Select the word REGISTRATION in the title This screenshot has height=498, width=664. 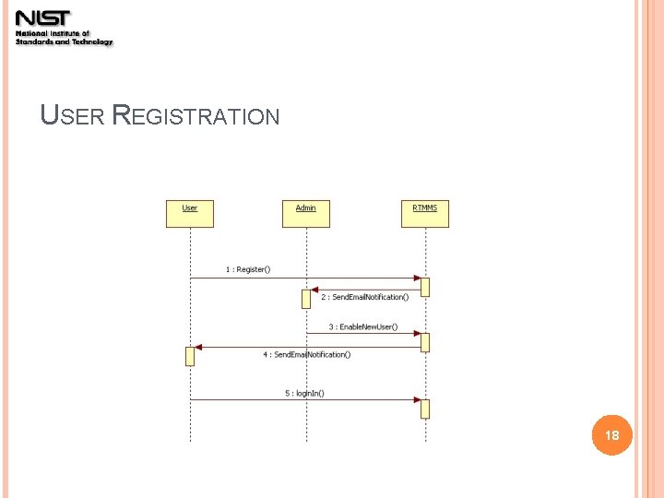click(x=195, y=116)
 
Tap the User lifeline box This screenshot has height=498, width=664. click(x=190, y=213)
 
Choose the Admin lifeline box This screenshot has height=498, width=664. click(x=306, y=213)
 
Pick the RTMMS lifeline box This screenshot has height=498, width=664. click(x=425, y=213)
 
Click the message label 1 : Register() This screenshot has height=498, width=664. click(x=248, y=269)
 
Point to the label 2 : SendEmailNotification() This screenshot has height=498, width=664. click(x=364, y=297)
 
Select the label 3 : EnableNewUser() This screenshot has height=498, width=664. click(x=362, y=326)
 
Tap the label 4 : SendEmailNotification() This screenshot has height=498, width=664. click(x=306, y=354)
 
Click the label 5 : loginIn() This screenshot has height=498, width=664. click(x=304, y=393)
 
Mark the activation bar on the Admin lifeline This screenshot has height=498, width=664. click(x=306, y=299)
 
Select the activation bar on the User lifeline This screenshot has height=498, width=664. click(x=190, y=356)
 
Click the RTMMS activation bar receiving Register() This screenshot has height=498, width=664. click(x=425, y=287)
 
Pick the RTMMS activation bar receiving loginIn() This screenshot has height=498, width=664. click(x=425, y=409)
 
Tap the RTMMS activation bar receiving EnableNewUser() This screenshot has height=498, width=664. click(x=425, y=342)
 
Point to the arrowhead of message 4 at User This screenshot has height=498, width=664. click(x=198, y=348)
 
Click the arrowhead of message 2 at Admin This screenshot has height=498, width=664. click(x=314, y=290)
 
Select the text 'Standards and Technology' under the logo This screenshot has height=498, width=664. click(x=65, y=42)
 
